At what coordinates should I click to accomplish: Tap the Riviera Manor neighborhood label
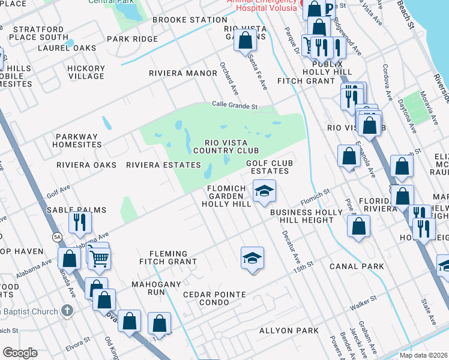[x=183, y=73]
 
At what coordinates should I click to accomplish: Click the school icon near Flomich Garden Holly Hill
[x=264, y=191]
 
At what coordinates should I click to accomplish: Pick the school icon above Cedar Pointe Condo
[x=253, y=259]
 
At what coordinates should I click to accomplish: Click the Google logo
[x=20, y=353]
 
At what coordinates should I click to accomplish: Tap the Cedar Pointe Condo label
[x=214, y=298]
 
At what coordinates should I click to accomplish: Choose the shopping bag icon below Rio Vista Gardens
[x=245, y=41]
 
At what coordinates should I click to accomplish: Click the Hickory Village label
[x=86, y=73]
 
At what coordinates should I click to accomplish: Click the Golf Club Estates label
[x=270, y=167]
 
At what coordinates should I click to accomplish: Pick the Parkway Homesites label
[x=77, y=140]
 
